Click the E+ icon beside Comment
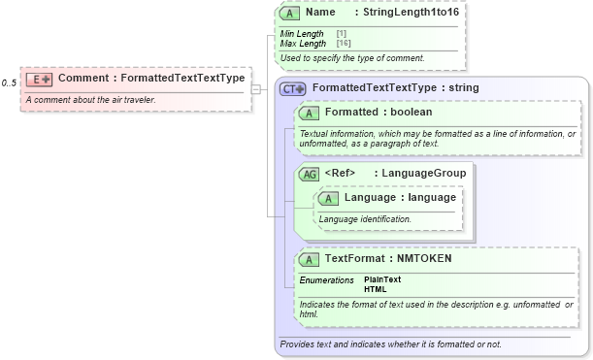pyautogui.click(x=40, y=78)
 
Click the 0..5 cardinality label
pyautogui.click(x=9, y=82)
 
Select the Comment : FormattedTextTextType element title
pyautogui.click(x=150, y=78)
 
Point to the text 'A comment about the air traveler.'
pyautogui.click(x=90, y=100)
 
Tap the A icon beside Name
pyautogui.click(x=288, y=13)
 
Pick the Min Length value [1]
pyautogui.click(x=341, y=34)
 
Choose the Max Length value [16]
pyautogui.click(x=343, y=44)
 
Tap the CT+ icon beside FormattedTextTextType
pyautogui.click(x=292, y=88)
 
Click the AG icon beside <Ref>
pyautogui.click(x=309, y=174)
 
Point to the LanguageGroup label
pyautogui.click(x=423, y=174)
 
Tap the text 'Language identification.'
pyautogui.click(x=365, y=219)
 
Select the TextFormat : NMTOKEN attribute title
pyautogui.click(x=387, y=259)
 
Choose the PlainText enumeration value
pyautogui.click(x=381, y=279)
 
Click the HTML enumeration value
pyautogui.click(x=374, y=289)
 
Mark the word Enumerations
pyautogui.click(x=326, y=279)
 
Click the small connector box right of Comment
pyautogui.click(x=256, y=89)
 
